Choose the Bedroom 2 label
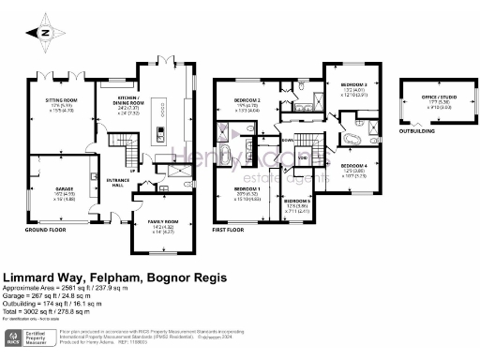pos(247,100)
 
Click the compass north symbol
pos(44,31)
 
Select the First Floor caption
pos(232,229)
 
